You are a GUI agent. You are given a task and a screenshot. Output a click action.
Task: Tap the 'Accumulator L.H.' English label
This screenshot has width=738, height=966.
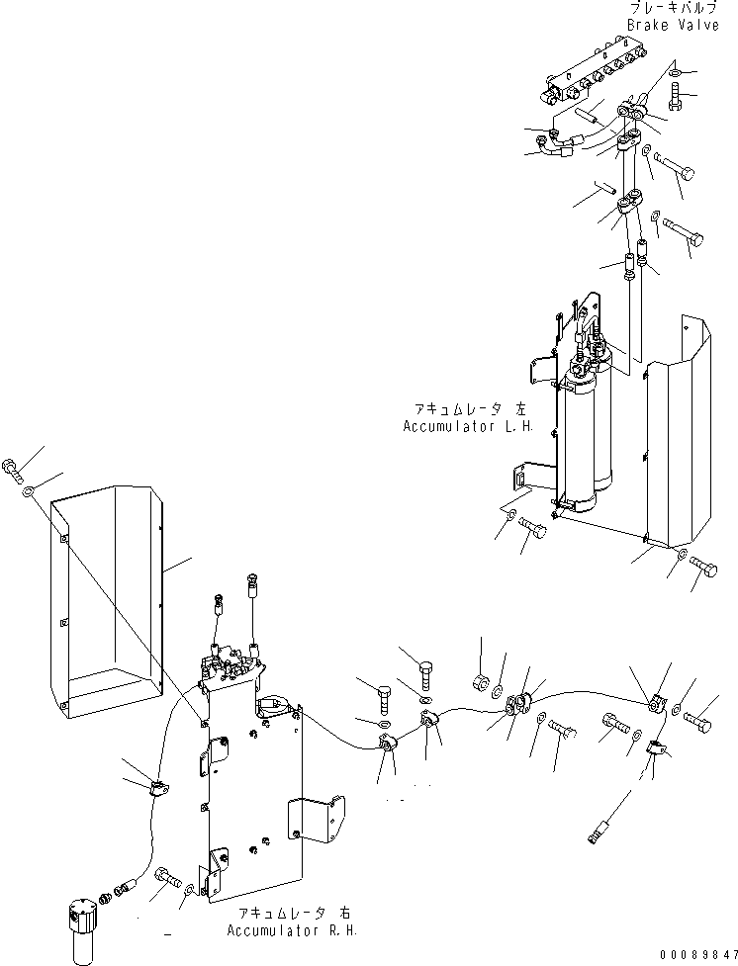[x=468, y=426]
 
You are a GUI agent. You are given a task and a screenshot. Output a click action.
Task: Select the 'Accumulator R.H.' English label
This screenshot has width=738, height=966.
[x=291, y=930]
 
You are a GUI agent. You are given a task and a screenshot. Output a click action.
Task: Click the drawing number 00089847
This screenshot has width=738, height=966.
[x=695, y=955]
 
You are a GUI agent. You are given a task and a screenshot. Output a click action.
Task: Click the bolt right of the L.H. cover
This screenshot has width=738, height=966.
[x=704, y=567]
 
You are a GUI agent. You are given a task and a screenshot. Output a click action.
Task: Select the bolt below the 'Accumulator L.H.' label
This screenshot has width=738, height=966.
[x=531, y=529]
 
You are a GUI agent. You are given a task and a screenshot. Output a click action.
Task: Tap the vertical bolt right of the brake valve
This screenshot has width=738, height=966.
[x=675, y=97]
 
